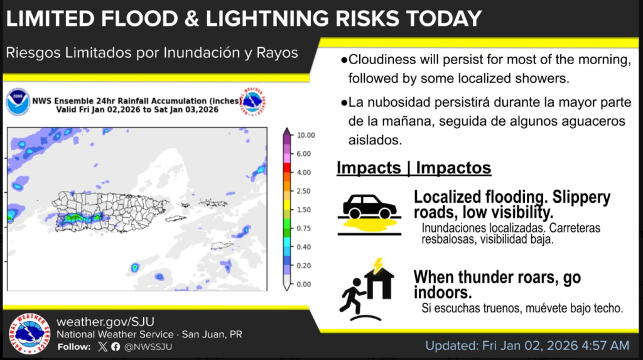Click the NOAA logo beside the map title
click(x=18, y=101)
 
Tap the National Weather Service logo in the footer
click(x=30, y=333)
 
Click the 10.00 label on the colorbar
click(x=305, y=135)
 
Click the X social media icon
click(x=103, y=347)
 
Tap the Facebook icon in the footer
click(x=116, y=347)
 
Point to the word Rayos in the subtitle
click(x=277, y=53)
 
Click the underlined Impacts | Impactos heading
click(x=414, y=168)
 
